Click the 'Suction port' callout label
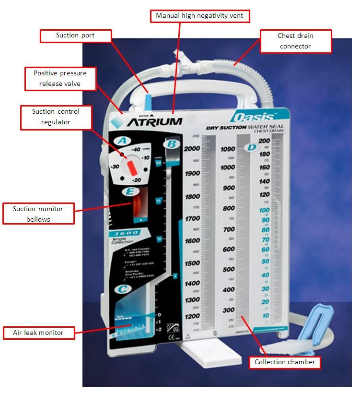pos(76,35)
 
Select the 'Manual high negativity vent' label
pos(200,16)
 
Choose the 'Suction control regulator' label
pos(56,117)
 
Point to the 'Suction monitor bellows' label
pos(38,214)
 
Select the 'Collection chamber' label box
pos(285,362)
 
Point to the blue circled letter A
pos(123,141)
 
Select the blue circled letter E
pos(128,192)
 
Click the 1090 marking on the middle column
pos(228,149)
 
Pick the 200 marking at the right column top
pos(264,141)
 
